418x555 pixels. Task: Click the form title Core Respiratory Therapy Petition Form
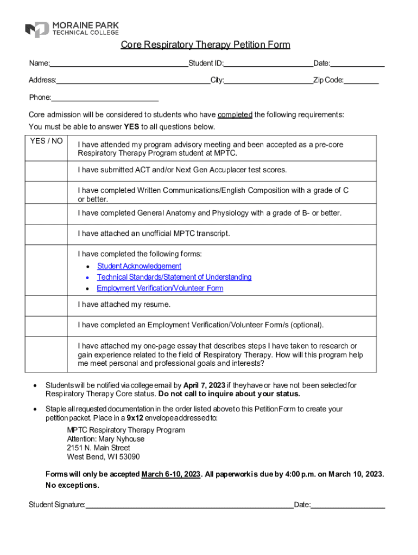tap(205, 44)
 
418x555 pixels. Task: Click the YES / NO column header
tap(47, 141)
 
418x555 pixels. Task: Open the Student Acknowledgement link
tap(139, 266)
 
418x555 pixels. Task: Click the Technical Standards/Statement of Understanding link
tap(174, 277)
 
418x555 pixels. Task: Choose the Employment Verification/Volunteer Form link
tap(160, 288)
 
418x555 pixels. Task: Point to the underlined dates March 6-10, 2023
tap(170, 474)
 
